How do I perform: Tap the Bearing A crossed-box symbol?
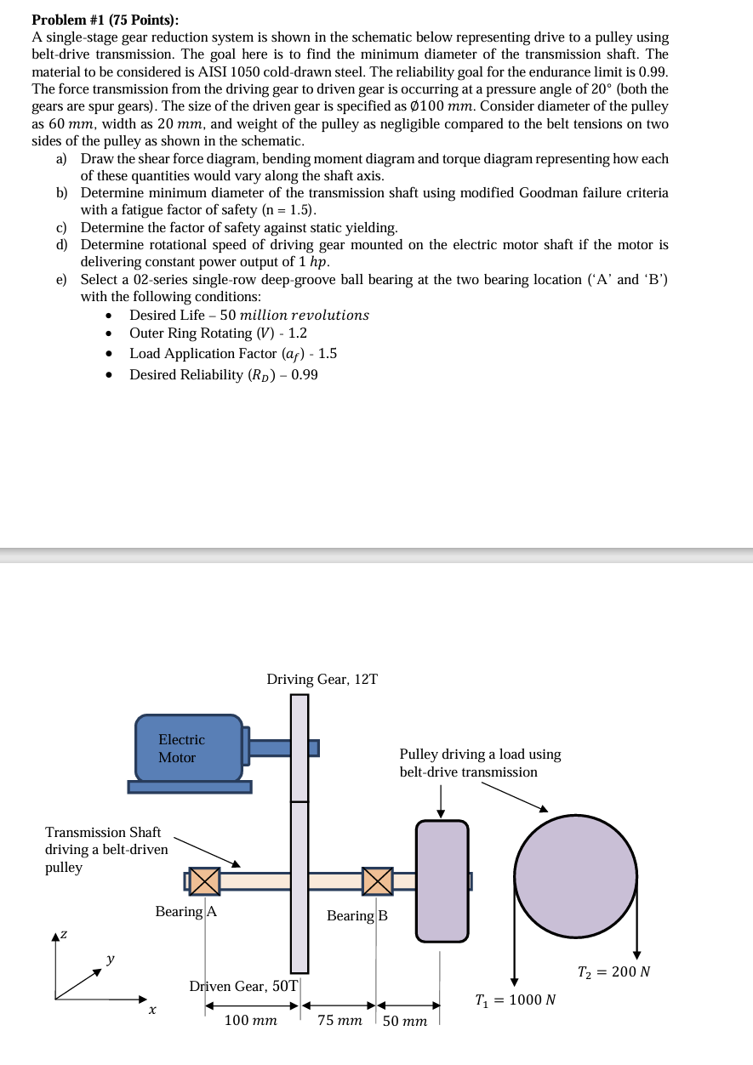204,880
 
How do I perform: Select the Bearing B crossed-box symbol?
377,880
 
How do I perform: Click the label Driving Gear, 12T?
322,679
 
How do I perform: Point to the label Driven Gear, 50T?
243,986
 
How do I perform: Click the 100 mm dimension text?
250,1020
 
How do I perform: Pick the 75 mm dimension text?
340,1020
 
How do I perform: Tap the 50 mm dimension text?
405,1021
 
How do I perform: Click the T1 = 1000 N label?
516,1000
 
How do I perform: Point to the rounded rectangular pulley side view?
442,880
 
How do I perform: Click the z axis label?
63,934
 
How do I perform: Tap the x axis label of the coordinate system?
151,1011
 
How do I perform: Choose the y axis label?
111,960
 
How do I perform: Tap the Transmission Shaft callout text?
106,849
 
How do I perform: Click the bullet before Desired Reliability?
109,375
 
